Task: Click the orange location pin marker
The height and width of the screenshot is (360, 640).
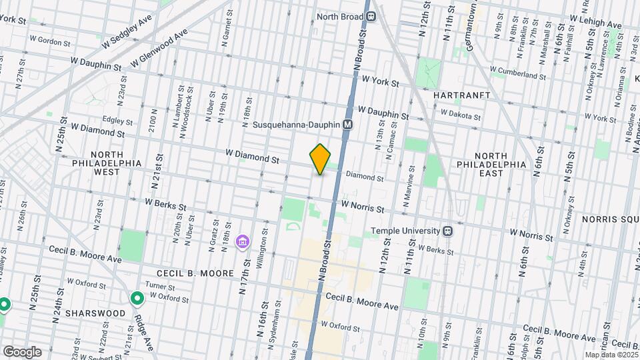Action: click(x=320, y=159)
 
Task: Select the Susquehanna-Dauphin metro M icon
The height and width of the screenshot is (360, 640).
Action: click(x=347, y=125)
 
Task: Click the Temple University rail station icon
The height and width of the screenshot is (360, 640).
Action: click(x=449, y=231)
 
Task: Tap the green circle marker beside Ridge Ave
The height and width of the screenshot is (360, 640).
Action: click(x=137, y=299)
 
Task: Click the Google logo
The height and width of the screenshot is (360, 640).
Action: click(x=21, y=351)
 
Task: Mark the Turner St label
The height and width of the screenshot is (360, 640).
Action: click(x=160, y=285)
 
